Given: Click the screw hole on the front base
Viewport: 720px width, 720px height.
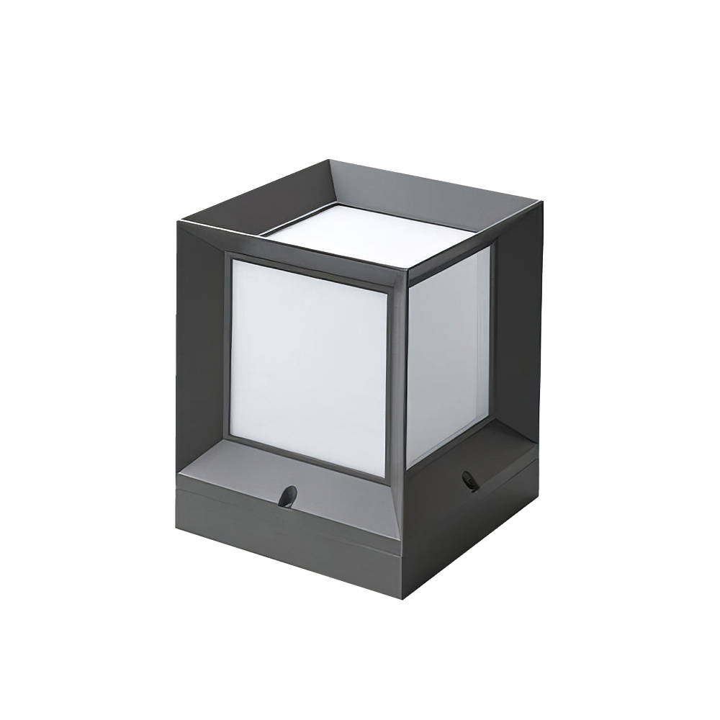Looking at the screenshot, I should pyautogui.click(x=287, y=496).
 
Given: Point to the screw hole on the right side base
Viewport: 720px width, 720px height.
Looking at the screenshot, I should pyautogui.click(x=470, y=481).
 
